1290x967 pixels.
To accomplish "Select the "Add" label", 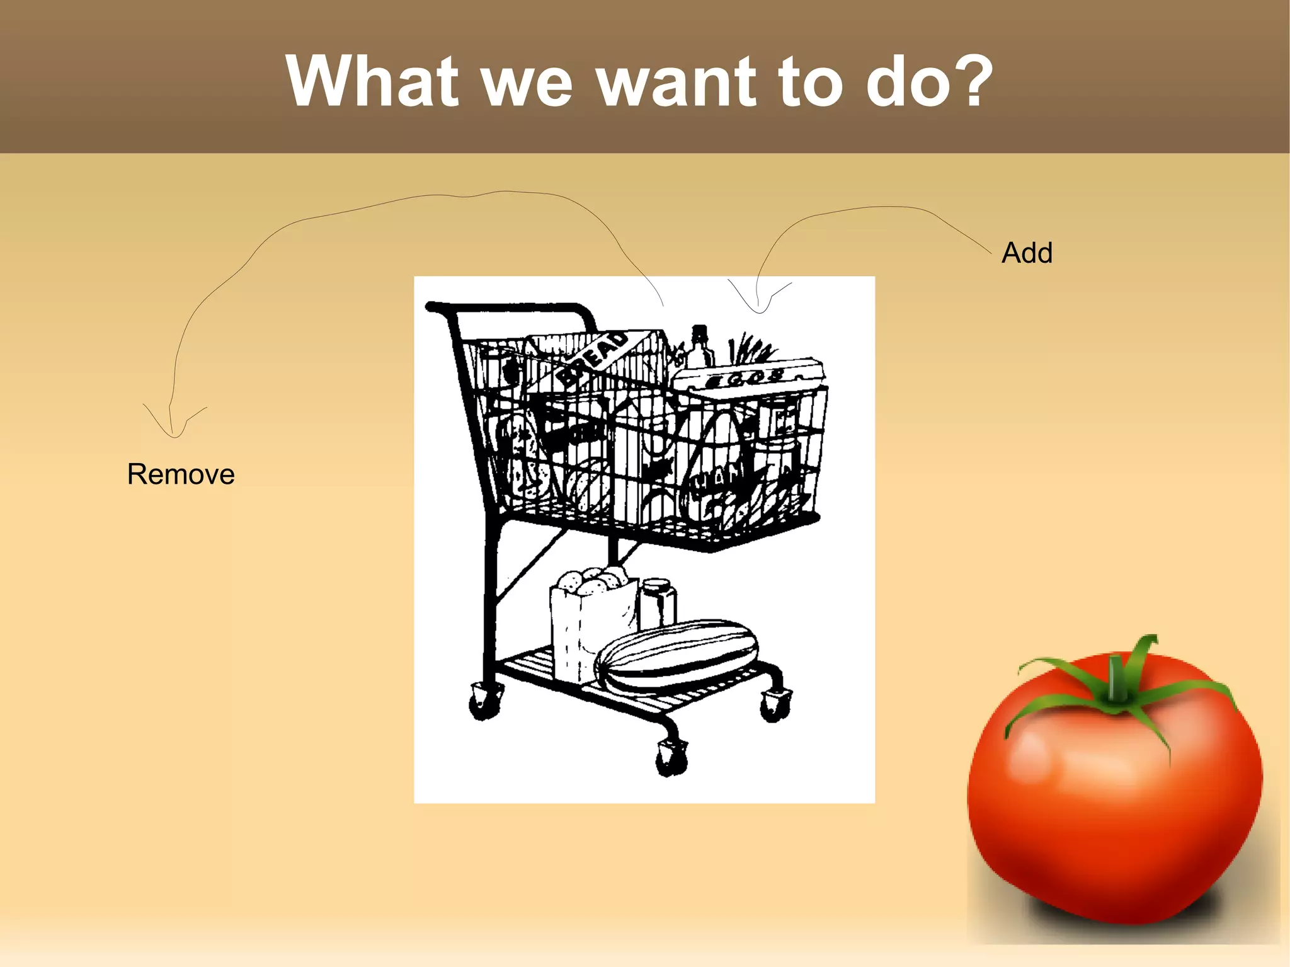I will [1027, 253].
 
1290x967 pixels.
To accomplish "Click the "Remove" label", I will [181, 474].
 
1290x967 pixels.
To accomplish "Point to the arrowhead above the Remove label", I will [174, 428].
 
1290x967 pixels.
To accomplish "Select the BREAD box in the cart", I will [595, 359].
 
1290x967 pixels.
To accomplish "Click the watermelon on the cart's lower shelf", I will [677, 655].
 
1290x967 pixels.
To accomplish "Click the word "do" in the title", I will [907, 82].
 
